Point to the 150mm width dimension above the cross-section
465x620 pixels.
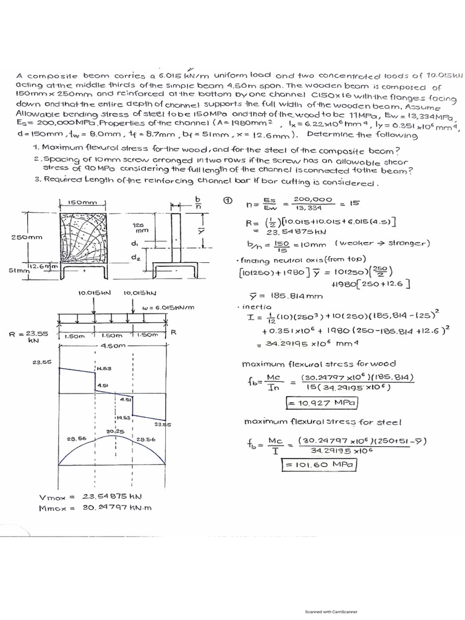coord(82,203)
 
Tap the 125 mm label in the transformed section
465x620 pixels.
coord(141,227)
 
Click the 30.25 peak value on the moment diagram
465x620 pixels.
coord(115,431)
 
